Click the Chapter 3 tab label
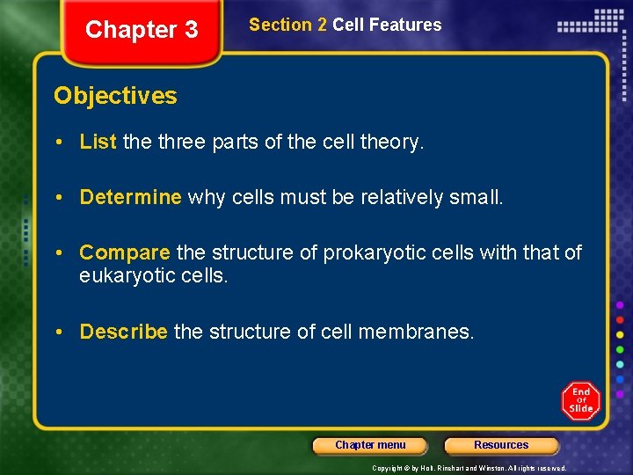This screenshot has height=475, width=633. coord(142,30)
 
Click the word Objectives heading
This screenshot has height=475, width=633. coord(115,96)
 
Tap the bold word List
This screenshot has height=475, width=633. coord(98,142)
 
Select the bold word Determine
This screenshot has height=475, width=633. coord(130,197)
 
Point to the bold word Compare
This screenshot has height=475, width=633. coord(124,253)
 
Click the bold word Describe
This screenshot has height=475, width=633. coord(123,332)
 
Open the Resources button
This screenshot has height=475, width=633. coord(501,445)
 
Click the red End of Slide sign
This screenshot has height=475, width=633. coord(580,401)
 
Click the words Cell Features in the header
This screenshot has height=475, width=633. coord(387,26)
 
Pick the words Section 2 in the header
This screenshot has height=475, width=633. coord(287,26)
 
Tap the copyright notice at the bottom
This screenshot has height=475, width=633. coord(469,468)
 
